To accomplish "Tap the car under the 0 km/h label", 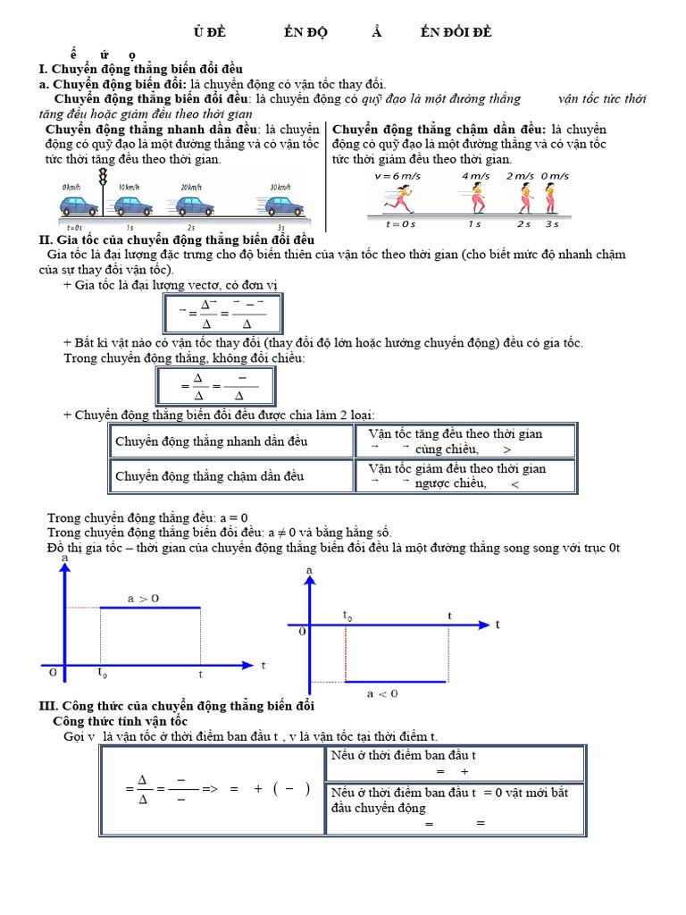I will click(79, 207).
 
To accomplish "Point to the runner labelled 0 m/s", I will click(554, 198).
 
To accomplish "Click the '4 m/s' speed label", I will click(476, 176).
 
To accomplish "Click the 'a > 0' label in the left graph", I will click(142, 599).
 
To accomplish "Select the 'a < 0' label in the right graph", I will click(382, 693).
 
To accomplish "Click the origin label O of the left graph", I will click(53, 673).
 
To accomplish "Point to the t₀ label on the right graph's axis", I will click(347, 615).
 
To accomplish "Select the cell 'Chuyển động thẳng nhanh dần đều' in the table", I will click(212, 442).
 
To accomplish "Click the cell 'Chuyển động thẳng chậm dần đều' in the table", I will click(210, 476).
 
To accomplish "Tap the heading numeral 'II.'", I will click(46, 239).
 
